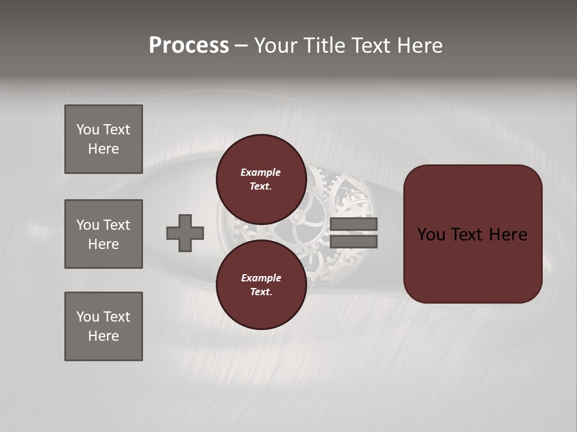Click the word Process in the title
pyautogui.click(x=189, y=46)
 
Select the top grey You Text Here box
pyautogui.click(x=103, y=139)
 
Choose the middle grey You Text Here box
pyautogui.click(x=103, y=234)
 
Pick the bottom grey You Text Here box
pyautogui.click(x=103, y=326)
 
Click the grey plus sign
pyautogui.click(x=185, y=233)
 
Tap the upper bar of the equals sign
pyautogui.click(x=353, y=224)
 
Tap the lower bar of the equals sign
pyautogui.click(x=353, y=241)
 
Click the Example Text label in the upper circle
pyautogui.click(x=261, y=179)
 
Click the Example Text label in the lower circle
pyautogui.click(x=261, y=284)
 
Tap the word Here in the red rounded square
pyautogui.click(x=508, y=235)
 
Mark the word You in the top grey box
pyautogui.click(x=88, y=130)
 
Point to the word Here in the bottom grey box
pyautogui.click(x=103, y=336)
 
